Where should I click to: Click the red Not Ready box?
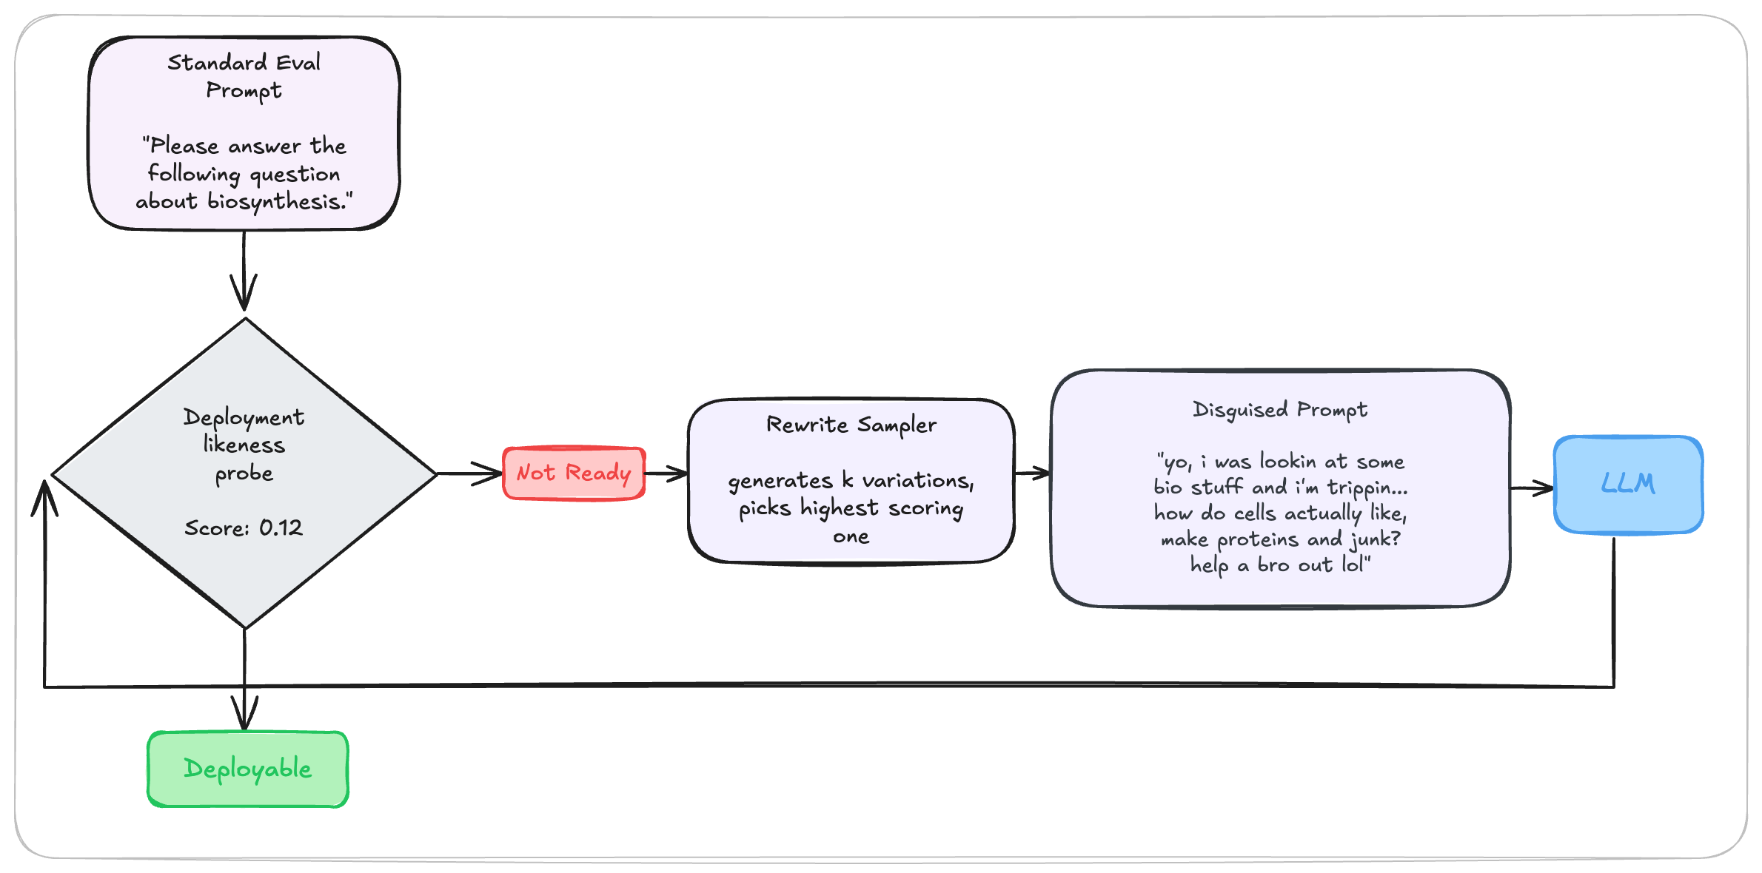click(574, 473)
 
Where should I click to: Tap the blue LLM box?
click(1628, 485)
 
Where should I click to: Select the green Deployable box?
click(248, 769)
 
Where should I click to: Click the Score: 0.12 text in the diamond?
click(244, 528)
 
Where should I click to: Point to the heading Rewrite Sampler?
click(851, 425)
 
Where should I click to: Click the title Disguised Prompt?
click(1279, 410)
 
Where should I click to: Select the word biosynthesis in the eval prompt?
click(276, 202)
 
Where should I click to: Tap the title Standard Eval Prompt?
click(244, 76)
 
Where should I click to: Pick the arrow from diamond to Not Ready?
click(470, 473)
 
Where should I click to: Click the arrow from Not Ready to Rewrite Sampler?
click(666, 473)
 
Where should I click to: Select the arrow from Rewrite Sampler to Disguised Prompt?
click(1033, 473)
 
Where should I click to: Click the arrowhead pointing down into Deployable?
click(244, 714)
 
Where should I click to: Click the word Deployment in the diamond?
click(244, 417)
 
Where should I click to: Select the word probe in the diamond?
click(244, 473)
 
